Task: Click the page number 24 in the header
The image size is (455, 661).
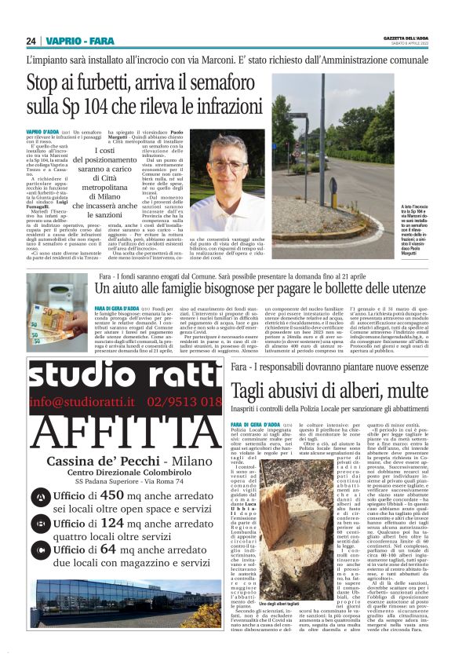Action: pyautogui.click(x=32, y=41)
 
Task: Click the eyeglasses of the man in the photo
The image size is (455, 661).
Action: pyautogui.click(x=227, y=166)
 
